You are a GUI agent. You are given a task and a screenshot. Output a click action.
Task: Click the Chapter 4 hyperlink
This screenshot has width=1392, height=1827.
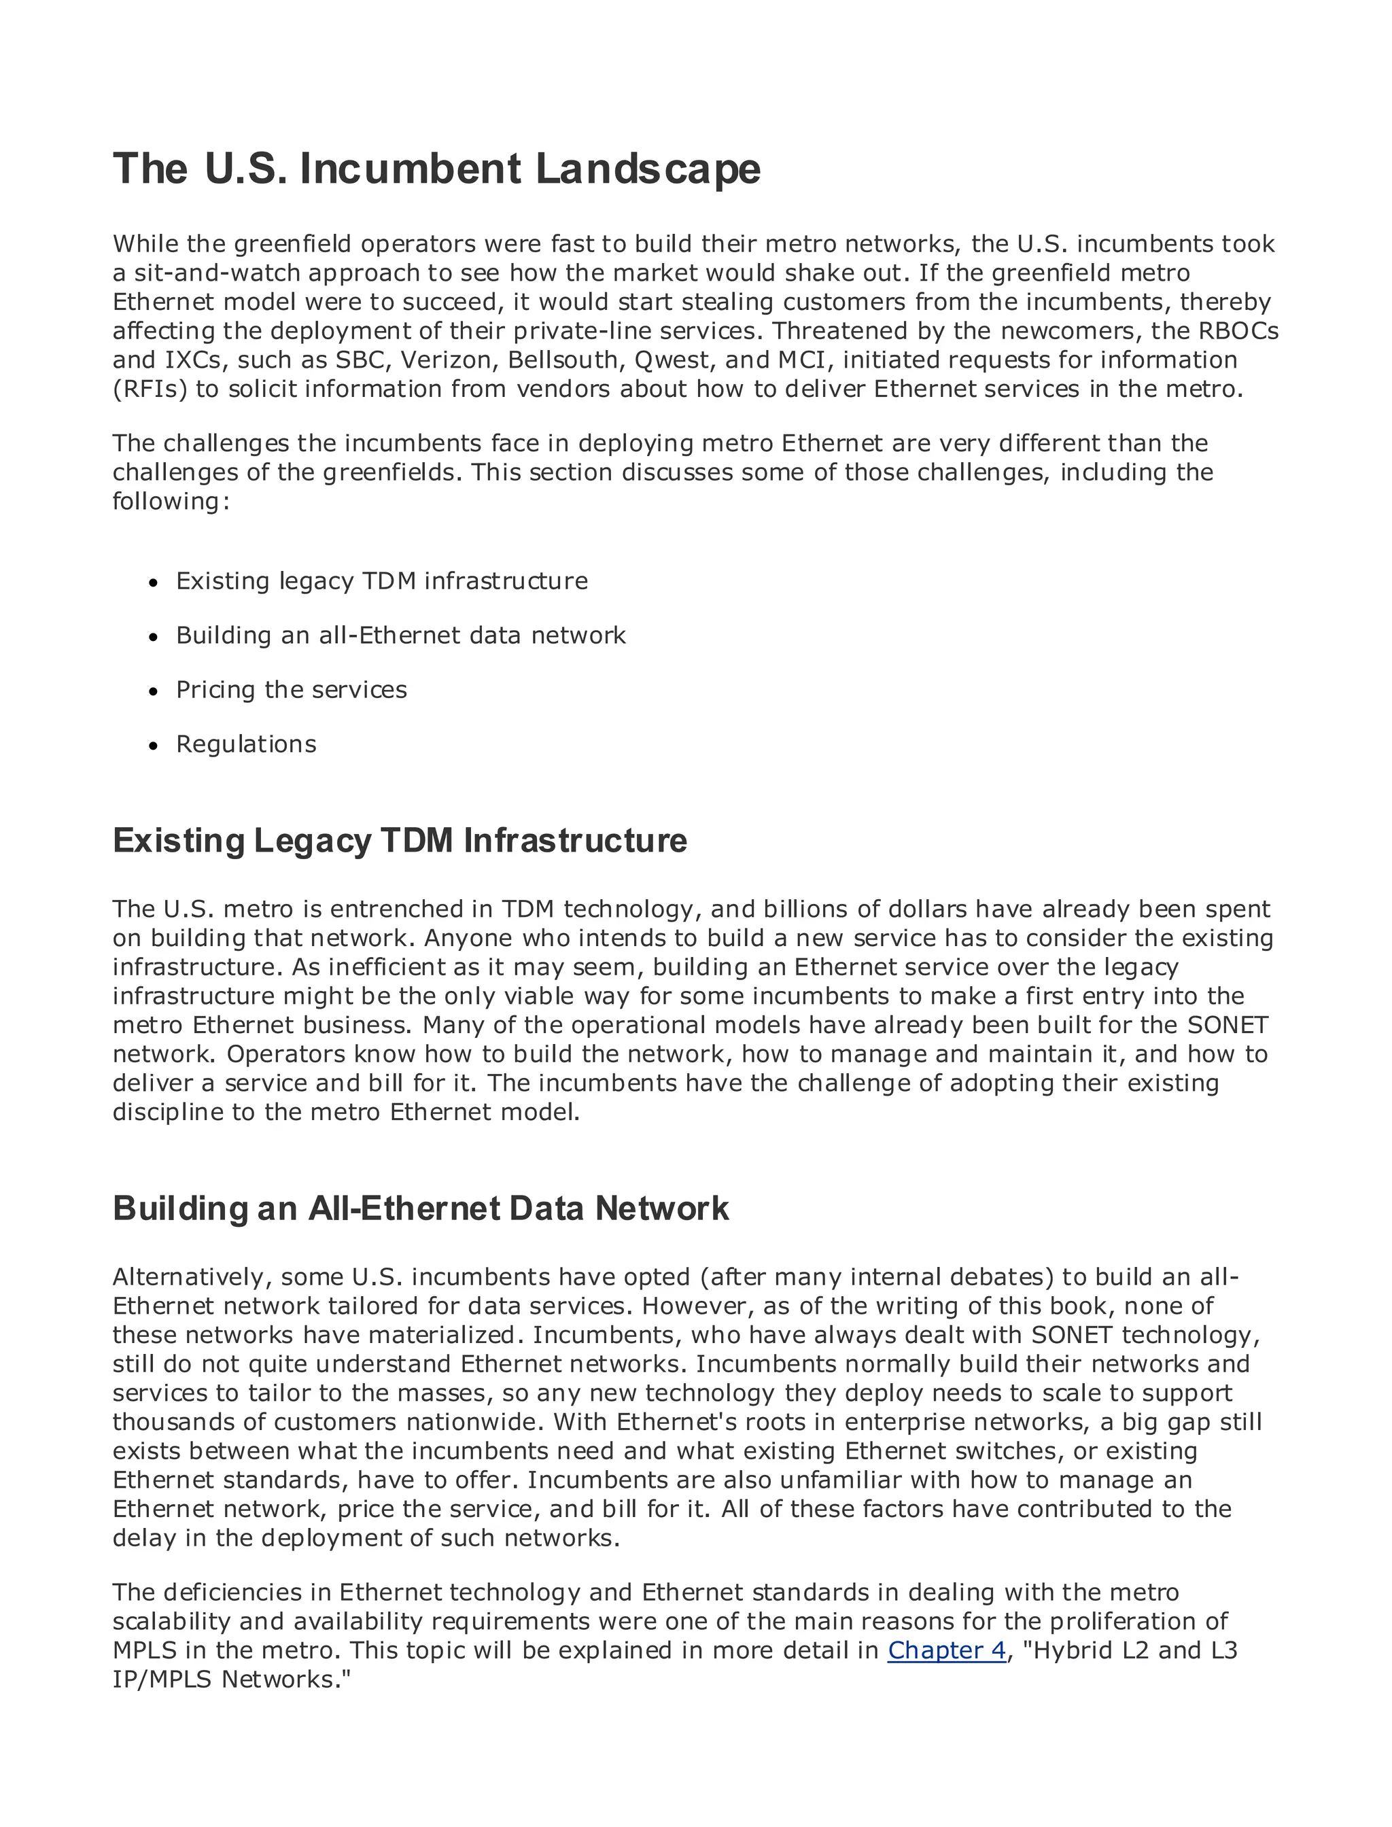(946, 1650)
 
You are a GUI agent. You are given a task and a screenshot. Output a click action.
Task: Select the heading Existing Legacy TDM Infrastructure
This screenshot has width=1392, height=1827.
(400, 840)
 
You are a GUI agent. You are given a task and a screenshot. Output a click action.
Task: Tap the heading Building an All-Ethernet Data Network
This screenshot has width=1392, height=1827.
(420, 1208)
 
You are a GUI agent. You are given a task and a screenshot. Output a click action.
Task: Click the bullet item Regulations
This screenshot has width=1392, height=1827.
(246, 744)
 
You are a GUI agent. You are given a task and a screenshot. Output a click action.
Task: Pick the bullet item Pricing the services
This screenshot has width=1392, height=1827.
(291, 689)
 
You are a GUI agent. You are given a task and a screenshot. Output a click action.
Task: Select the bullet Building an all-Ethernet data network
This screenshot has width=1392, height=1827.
(400, 636)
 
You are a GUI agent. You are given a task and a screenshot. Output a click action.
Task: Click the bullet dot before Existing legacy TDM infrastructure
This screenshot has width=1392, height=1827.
(152, 583)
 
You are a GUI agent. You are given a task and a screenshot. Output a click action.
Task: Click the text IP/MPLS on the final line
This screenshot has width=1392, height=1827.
(162, 1680)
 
